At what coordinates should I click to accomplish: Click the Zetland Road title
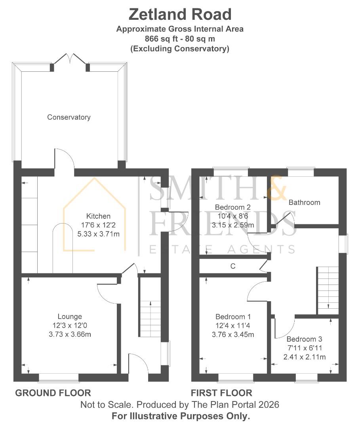tap(180, 15)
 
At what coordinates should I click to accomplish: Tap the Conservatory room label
tap(69, 117)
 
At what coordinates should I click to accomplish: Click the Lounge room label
tap(70, 316)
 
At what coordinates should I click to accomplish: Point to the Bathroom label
tap(304, 203)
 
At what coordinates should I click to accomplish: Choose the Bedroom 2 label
tap(232, 207)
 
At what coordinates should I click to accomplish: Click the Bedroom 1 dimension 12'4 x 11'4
tap(233, 326)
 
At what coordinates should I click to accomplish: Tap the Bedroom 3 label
tap(304, 339)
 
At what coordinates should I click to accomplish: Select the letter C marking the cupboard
tap(233, 267)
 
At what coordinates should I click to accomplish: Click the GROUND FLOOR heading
tap(53, 393)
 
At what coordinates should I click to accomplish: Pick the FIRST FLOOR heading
tap(221, 393)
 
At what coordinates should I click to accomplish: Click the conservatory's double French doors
tap(70, 60)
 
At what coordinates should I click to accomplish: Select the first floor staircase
tap(328, 290)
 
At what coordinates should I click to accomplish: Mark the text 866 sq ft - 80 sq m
tap(180, 39)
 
